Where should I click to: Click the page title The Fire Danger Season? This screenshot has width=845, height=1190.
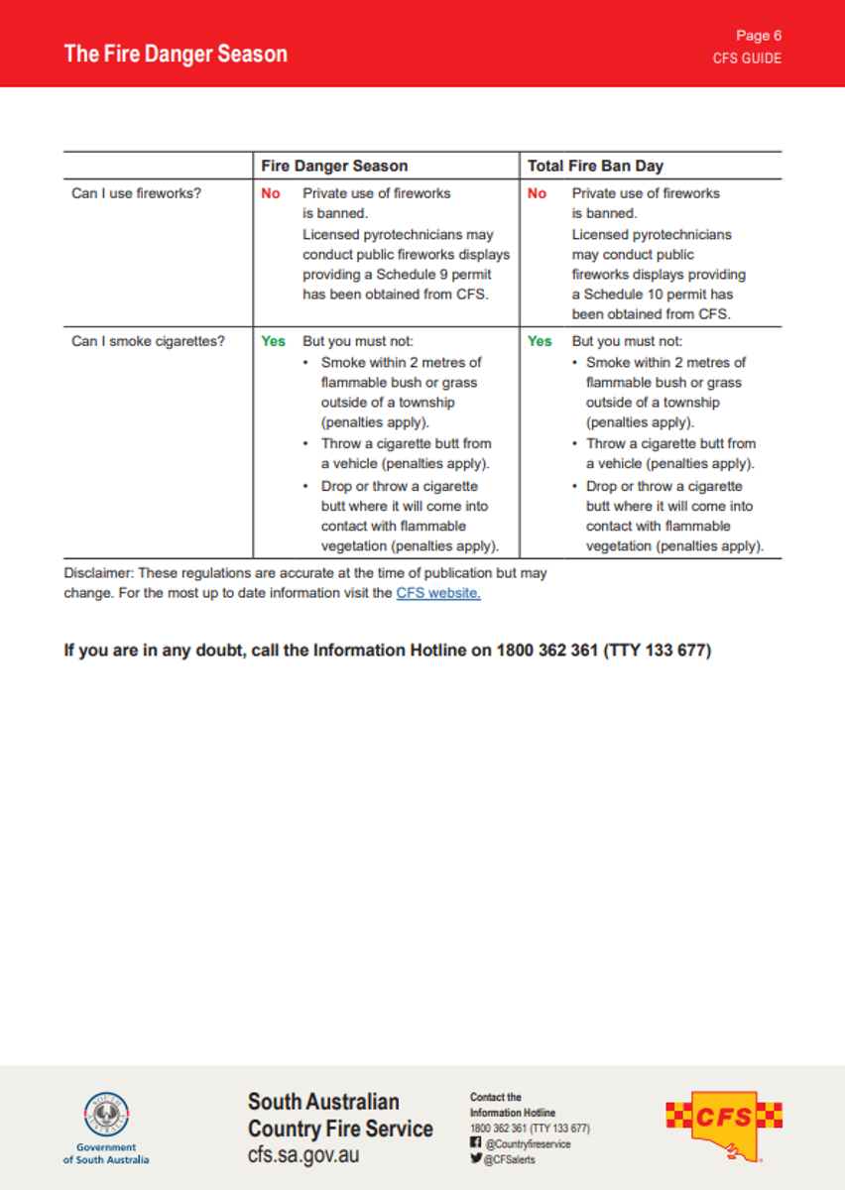pyautogui.click(x=176, y=54)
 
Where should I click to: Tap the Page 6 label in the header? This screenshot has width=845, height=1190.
pyautogui.click(x=759, y=36)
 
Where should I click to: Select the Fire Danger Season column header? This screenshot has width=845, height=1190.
pyautogui.click(x=334, y=166)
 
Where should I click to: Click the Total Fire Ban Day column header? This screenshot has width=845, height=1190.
pyautogui.click(x=595, y=166)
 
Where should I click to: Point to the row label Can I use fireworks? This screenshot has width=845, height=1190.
pyautogui.click(x=136, y=193)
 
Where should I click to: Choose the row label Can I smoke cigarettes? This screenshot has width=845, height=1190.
pyautogui.click(x=148, y=341)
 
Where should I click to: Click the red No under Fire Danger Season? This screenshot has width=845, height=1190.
pyautogui.click(x=271, y=193)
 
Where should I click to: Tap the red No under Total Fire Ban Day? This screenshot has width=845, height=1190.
pyautogui.click(x=537, y=193)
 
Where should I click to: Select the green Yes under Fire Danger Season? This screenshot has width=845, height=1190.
pyautogui.click(x=273, y=341)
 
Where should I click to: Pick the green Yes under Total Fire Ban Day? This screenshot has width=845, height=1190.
pyautogui.click(x=540, y=341)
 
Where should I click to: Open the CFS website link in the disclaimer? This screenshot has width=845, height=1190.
pyautogui.click(x=438, y=593)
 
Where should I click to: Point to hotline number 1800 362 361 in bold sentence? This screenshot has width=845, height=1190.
pyautogui.click(x=546, y=651)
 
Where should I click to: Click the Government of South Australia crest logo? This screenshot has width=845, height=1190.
pyautogui.click(x=106, y=1115)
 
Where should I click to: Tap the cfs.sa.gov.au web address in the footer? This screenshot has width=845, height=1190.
pyautogui.click(x=303, y=1155)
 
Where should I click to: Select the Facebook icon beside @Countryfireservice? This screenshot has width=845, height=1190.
pyautogui.click(x=476, y=1143)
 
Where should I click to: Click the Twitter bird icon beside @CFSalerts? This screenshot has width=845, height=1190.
pyautogui.click(x=476, y=1158)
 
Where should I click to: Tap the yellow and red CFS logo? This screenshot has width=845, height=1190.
pyautogui.click(x=723, y=1124)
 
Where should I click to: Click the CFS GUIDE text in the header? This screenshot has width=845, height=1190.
pyautogui.click(x=747, y=59)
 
